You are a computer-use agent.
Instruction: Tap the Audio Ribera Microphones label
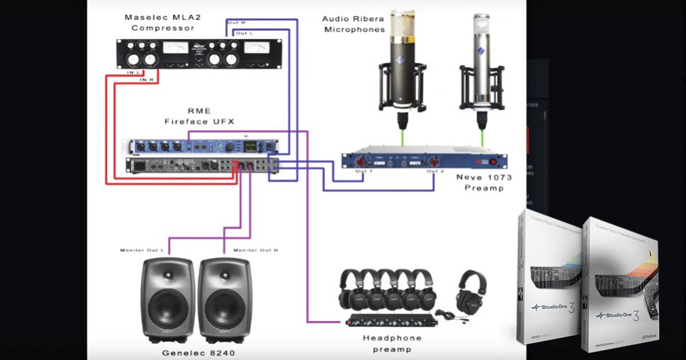click(354, 24)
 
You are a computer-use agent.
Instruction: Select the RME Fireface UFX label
click(198, 116)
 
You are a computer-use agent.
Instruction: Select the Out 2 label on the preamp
click(435, 171)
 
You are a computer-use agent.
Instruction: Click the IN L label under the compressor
click(133, 72)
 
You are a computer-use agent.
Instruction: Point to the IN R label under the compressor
click(147, 80)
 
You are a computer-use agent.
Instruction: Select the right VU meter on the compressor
click(257, 50)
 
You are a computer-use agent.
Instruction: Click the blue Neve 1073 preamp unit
click(424, 159)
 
